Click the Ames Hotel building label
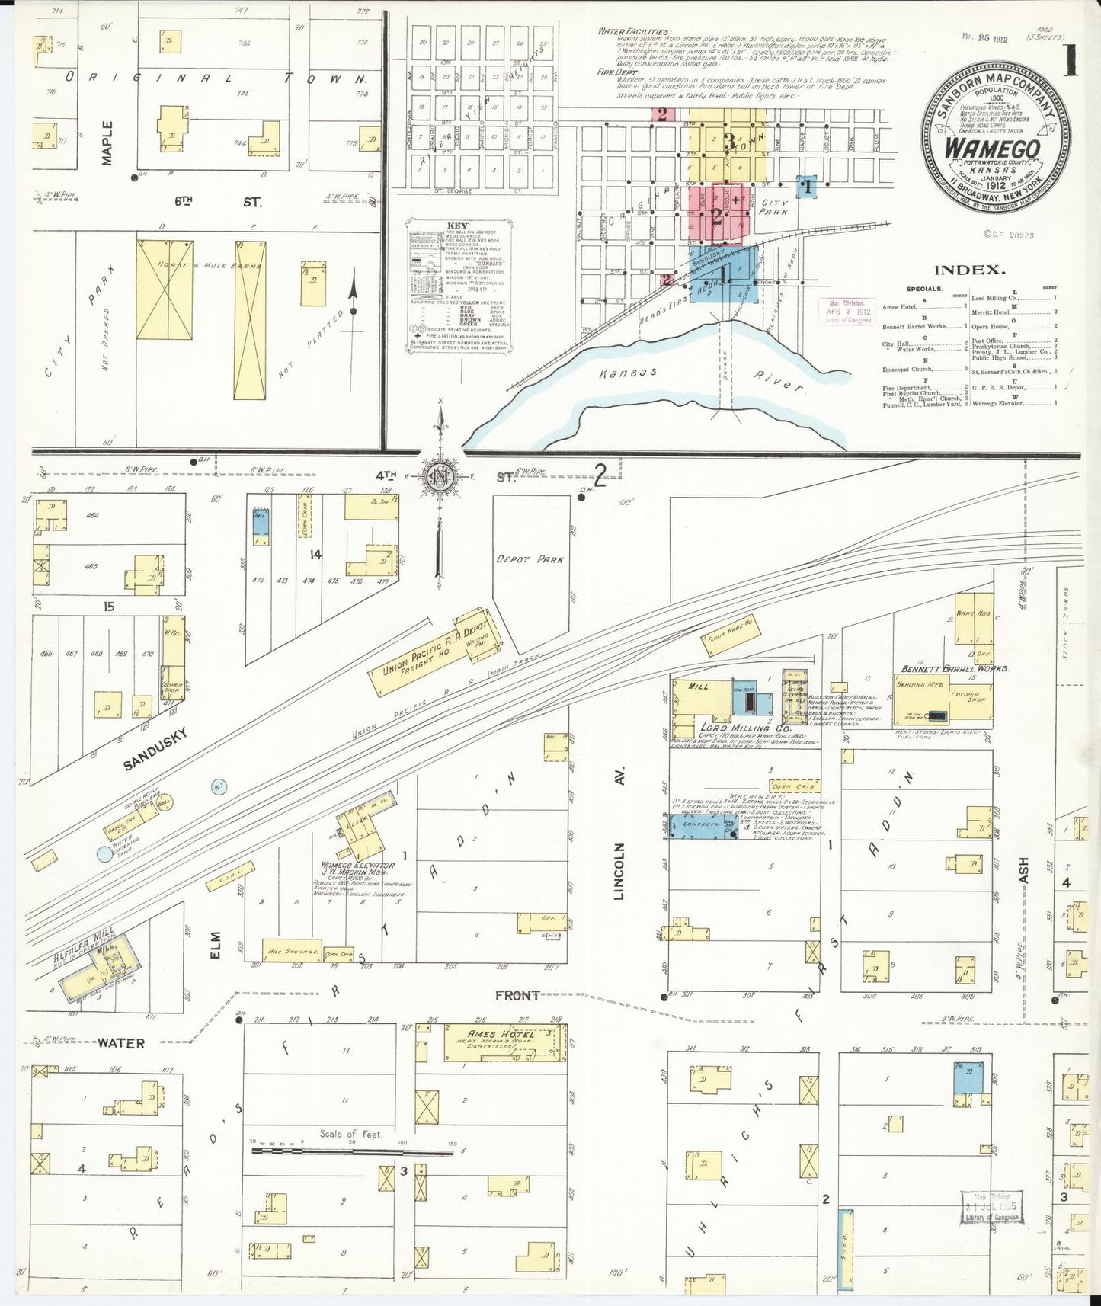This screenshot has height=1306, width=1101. point(493,1034)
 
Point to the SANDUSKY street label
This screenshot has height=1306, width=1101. point(155,747)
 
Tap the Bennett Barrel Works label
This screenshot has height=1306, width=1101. point(955,668)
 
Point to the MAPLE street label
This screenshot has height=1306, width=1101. point(107,142)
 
